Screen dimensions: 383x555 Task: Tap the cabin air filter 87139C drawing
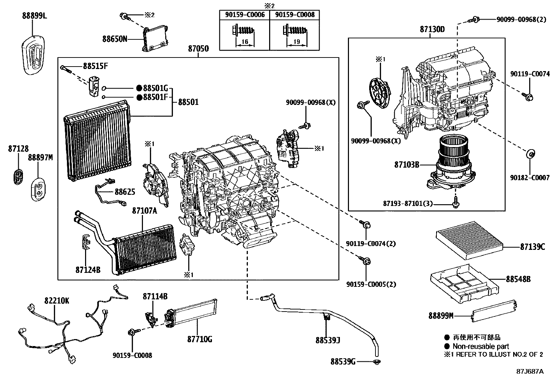coord(470,240)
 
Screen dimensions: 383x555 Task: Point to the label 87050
coord(198,49)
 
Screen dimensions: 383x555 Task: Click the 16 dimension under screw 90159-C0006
coord(245,42)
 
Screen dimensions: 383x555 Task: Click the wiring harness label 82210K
coord(56,300)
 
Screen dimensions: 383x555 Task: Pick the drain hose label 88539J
coord(328,340)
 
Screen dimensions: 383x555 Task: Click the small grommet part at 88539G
coord(376,361)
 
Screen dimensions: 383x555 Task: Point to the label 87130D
coord(432,29)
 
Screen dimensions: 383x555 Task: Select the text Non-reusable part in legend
coord(481,346)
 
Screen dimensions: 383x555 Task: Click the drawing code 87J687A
coord(530,371)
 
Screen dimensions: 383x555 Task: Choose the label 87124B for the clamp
coord(88,269)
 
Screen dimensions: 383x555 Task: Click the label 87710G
coord(199,339)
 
